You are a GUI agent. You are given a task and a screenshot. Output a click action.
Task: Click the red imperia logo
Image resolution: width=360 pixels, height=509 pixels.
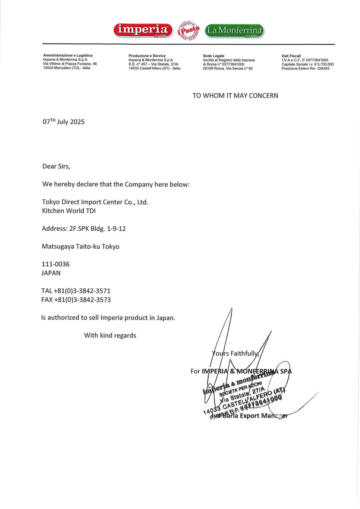tap(143, 30)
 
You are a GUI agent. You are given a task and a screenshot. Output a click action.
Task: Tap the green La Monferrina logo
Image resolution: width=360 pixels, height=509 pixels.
tap(234, 30)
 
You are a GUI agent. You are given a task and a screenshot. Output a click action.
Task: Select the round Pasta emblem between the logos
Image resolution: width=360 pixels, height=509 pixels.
tap(188, 30)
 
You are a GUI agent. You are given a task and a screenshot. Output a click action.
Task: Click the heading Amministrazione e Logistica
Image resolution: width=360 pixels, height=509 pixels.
tap(68, 56)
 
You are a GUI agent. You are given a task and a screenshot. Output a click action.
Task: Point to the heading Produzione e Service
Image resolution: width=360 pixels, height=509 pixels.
tap(147, 56)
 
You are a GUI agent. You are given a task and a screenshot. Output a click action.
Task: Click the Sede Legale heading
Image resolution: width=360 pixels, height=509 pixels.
tap(214, 56)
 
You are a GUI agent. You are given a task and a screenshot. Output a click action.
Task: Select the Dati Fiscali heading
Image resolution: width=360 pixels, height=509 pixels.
tap(291, 56)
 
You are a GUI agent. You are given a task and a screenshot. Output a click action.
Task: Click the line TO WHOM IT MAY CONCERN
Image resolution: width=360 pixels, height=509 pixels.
tap(235, 96)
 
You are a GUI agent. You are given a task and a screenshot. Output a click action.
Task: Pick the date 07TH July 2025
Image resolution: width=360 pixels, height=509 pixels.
tap(64, 122)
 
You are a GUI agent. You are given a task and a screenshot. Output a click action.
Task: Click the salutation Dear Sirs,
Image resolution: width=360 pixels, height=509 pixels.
tap(56, 166)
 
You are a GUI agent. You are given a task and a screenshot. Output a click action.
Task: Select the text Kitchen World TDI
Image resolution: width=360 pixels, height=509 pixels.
tap(69, 211)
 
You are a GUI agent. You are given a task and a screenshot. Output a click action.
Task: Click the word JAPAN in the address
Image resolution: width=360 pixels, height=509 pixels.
tap(51, 273)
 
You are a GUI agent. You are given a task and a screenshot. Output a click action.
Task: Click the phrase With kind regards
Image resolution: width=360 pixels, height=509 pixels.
tap(110, 335)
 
